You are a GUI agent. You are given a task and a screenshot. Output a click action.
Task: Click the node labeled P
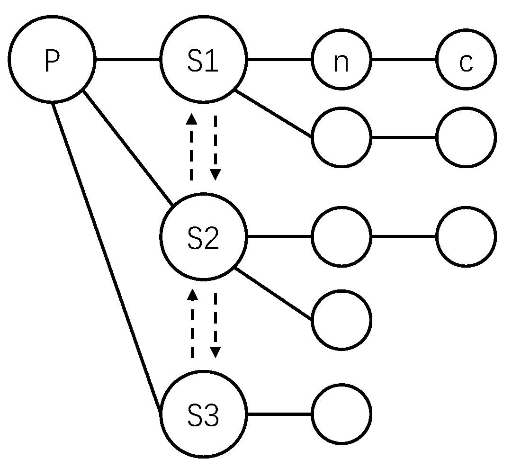(x=52, y=60)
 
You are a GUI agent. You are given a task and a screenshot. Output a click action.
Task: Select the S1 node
(x=204, y=60)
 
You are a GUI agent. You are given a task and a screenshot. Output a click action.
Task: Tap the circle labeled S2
(x=204, y=236)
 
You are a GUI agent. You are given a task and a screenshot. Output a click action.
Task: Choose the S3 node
(x=204, y=414)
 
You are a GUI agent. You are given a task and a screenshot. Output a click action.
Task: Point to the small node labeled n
(x=341, y=60)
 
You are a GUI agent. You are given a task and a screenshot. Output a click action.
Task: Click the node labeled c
(x=466, y=60)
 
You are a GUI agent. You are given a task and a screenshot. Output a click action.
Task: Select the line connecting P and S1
(x=128, y=60)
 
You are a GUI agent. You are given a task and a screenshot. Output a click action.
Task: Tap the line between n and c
(x=404, y=60)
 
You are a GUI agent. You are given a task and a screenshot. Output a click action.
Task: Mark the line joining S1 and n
(x=279, y=60)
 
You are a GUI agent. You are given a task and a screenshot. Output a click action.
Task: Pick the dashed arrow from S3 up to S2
(x=192, y=325)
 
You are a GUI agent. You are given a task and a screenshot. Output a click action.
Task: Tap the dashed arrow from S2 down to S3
(x=216, y=325)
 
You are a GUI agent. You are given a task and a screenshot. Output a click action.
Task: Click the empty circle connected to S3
(x=341, y=414)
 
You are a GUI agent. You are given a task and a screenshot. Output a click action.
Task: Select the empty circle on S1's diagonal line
(x=341, y=137)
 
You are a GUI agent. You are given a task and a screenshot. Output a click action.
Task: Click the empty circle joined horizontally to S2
(x=341, y=236)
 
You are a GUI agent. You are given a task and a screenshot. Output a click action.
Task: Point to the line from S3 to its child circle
(x=279, y=414)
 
